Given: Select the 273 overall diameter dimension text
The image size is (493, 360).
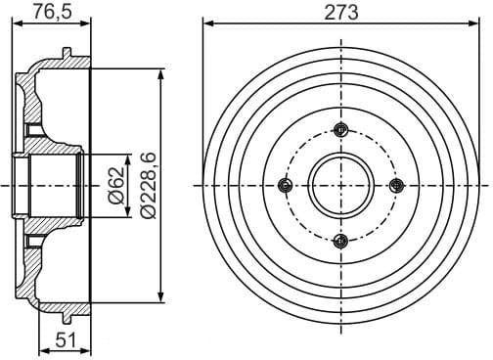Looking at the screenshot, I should coord(340,13).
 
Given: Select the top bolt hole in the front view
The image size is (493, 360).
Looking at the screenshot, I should coord(340,130).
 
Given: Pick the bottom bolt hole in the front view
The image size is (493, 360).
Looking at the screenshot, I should coord(340,241).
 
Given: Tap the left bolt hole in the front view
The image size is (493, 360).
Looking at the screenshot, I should coord(285,186).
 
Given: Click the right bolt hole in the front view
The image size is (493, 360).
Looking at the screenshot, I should coord(396,186).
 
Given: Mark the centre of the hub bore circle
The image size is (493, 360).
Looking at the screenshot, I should coord(340,186).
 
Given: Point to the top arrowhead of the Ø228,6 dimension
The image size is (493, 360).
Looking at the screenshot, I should coord(160,74).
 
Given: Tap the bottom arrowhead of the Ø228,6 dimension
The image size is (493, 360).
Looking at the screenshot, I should coord(160,296).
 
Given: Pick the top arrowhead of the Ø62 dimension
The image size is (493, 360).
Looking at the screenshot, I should coord(127,157).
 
